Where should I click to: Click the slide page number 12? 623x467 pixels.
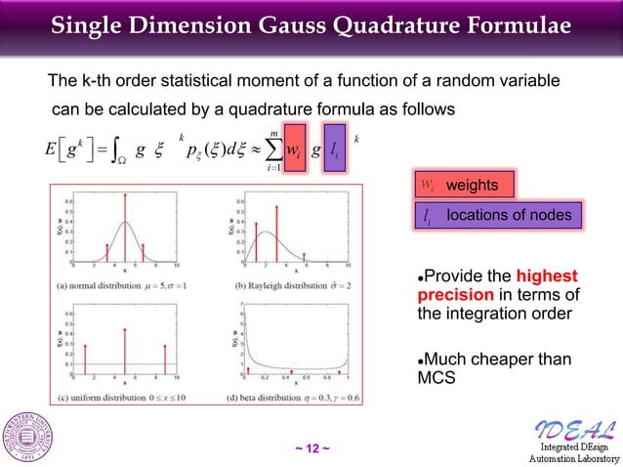(x=311, y=448)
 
